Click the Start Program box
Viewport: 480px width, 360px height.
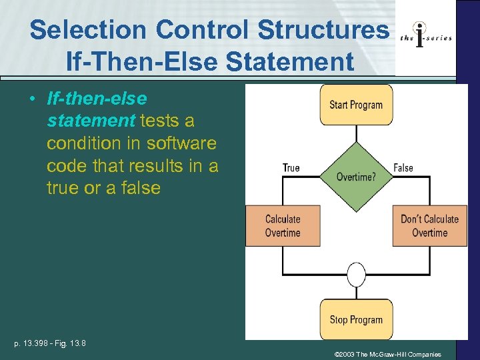click(356, 105)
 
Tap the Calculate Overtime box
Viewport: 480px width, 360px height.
click(283, 226)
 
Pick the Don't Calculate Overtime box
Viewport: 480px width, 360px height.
click(429, 226)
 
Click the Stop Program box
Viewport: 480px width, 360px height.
click(356, 319)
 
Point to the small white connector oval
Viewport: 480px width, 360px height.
click(357, 274)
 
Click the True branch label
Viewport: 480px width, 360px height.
click(291, 168)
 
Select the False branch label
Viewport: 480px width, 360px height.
click(403, 168)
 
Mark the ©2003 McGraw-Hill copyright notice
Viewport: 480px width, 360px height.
click(387, 355)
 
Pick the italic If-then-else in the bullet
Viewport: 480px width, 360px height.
click(97, 99)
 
